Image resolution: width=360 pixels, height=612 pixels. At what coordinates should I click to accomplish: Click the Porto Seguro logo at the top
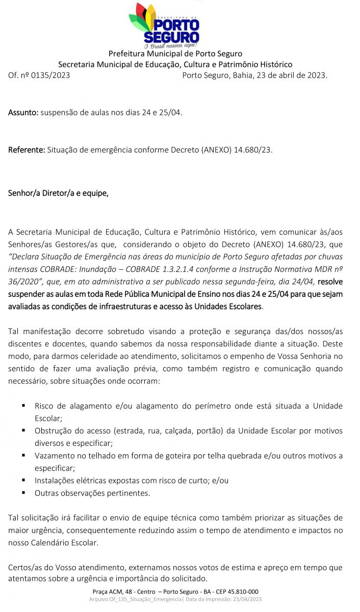click(x=164, y=24)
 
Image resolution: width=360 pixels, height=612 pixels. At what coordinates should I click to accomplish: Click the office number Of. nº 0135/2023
click(x=39, y=75)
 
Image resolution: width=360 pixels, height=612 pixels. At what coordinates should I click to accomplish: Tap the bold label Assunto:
click(x=23, y=112)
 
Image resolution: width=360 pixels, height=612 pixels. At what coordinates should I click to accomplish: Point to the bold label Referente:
click(x=26, y=150)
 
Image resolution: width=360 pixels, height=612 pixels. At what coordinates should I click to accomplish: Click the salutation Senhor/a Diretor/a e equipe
click(x=58, y=193)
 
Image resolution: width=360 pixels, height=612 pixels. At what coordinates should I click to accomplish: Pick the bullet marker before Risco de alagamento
click(x=23, y=405)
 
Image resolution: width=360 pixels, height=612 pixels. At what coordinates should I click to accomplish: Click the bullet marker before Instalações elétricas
click(x=23, y=480)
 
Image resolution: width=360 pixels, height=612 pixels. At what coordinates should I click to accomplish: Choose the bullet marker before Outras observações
click(x=23, y=493)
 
